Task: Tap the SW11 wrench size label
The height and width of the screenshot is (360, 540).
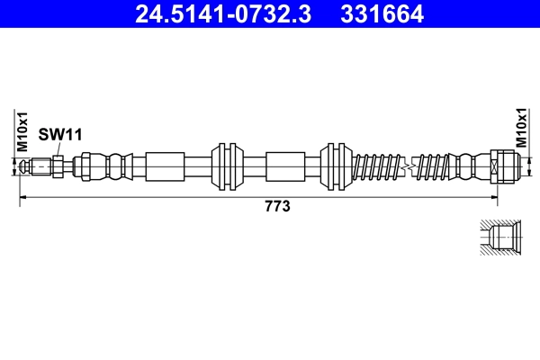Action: (60, 134)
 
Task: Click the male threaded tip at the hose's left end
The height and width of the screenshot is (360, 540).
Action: (39, 166)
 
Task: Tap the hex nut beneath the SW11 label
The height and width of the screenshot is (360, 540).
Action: (58, 166)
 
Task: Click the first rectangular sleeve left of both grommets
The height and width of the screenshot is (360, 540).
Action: (165, 166)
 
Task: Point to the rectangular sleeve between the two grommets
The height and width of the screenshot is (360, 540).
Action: (286, 166)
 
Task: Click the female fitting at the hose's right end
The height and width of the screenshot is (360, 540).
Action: (503, 166)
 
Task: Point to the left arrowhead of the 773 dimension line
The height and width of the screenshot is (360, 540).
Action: (23, 195)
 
